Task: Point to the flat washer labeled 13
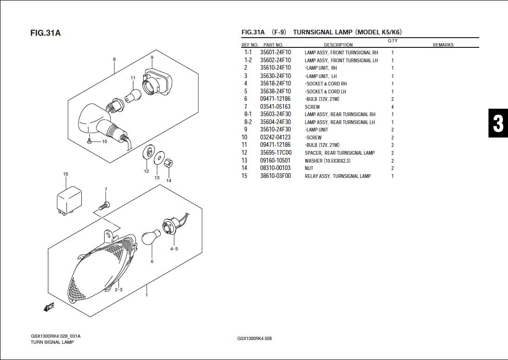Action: [158, 159]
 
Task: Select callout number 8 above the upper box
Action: [114, 59]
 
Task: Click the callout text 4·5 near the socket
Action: [174, 249]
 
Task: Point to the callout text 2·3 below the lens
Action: [119, 290]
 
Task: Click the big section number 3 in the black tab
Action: [498, 124]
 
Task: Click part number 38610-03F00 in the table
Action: [275, 176]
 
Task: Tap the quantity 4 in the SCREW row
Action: [392, 107]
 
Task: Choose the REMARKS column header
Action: [443, 45]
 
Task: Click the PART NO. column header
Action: [273, 45]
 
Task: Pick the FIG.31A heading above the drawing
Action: [46, 33]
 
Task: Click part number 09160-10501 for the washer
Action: [275, 161]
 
